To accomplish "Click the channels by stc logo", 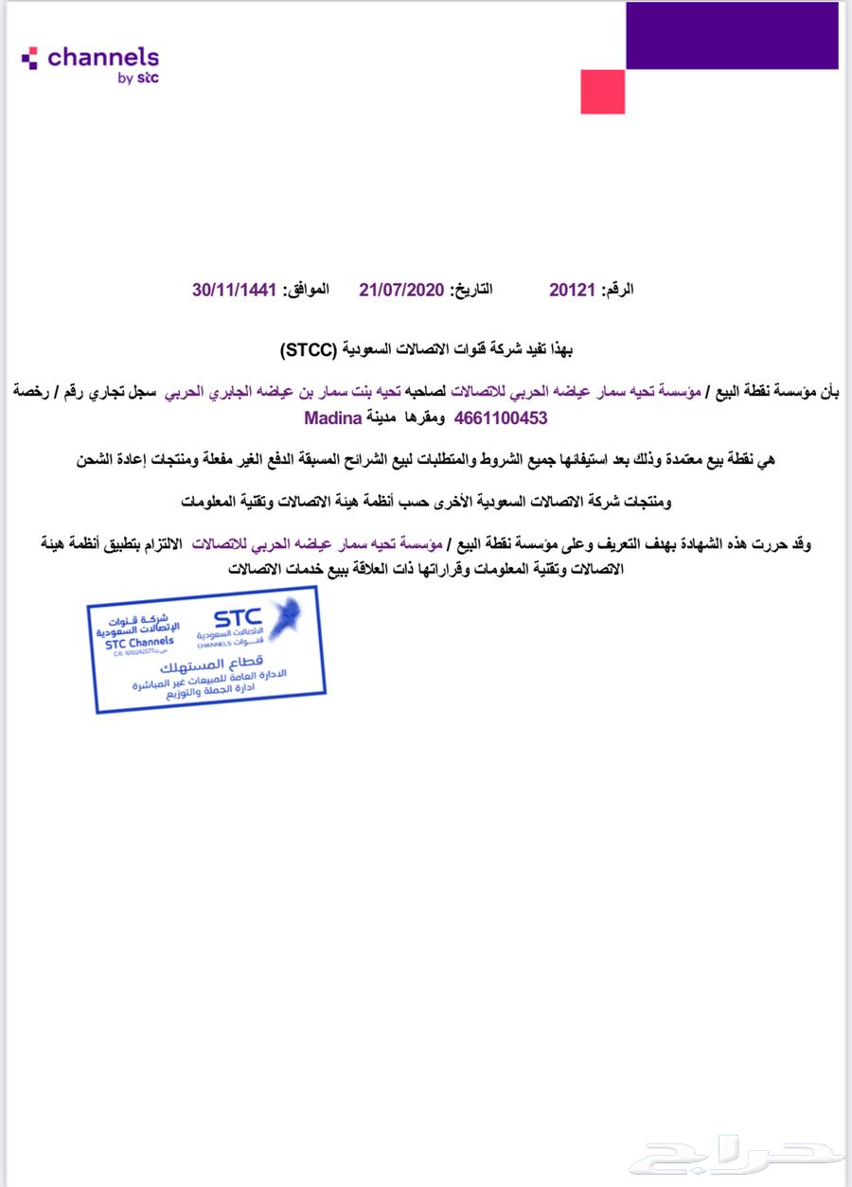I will (91, 63).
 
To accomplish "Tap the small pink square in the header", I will (602, 92).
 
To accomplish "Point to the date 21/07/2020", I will (401, 290).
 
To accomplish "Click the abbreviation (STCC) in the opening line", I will (309, 350).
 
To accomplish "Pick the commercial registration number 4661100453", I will (501, 416).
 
